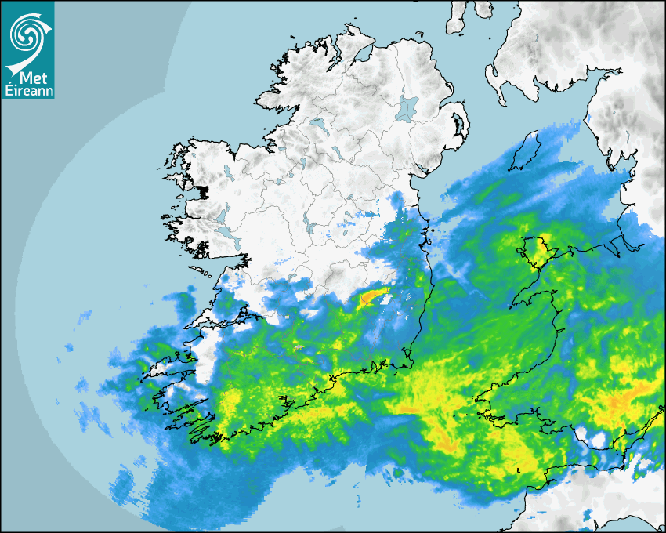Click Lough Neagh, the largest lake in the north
coord(407,107)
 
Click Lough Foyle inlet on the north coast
coord(362,56)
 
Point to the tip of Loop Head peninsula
coord(186,328)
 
